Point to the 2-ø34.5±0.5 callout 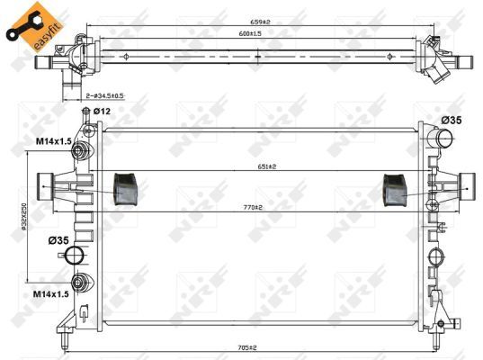tap(104, 94)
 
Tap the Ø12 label tap(101, 111)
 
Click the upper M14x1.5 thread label tap(54, 140)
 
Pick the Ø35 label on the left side tap(58, 239)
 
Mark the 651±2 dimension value tap(264, 167)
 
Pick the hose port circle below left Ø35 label tap(79, 256)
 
